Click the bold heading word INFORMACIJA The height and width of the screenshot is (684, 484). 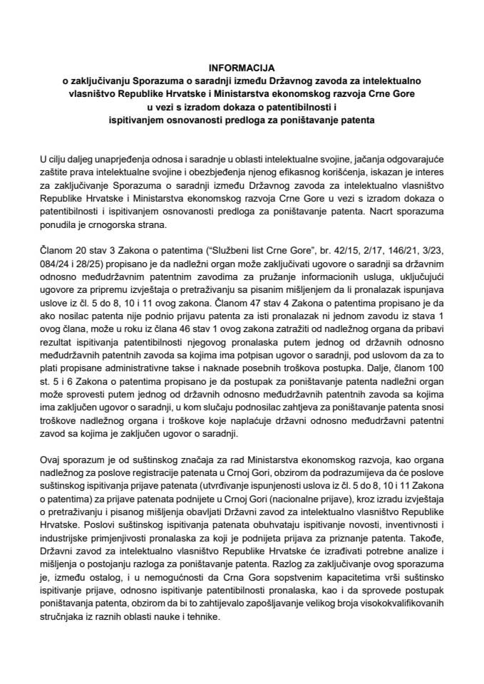click(242, 68)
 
